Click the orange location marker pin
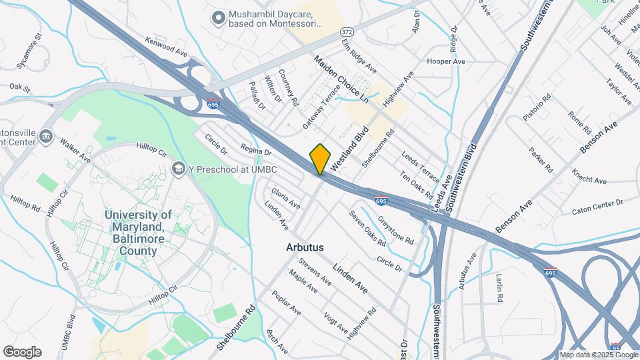tap(321, 159)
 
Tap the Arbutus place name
tap(305, 247)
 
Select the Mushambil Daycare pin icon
tap(217, 18)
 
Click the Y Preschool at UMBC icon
tap(178, 169)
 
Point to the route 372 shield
tap(347, 32)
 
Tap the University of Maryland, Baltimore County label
tap(139, 233)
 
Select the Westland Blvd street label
tap(351, 147)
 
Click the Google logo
tap(22, 351)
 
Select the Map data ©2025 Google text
tap(598, 355)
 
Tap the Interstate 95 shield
tap(615, 347)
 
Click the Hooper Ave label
tap(446, 61)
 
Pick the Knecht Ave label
tap(589, 177)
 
